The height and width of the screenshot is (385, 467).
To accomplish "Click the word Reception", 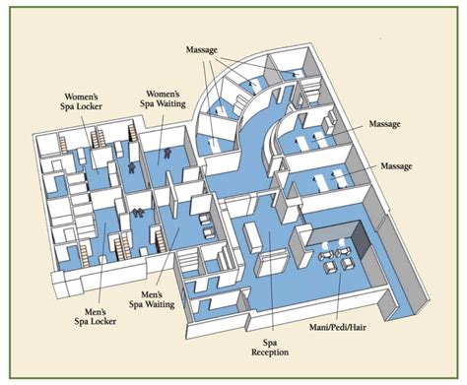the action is (x=270, y=352).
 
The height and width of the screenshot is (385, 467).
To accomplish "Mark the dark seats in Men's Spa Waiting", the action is (x=139, y=212).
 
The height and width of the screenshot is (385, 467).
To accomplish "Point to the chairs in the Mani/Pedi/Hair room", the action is (x=340, y=255).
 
